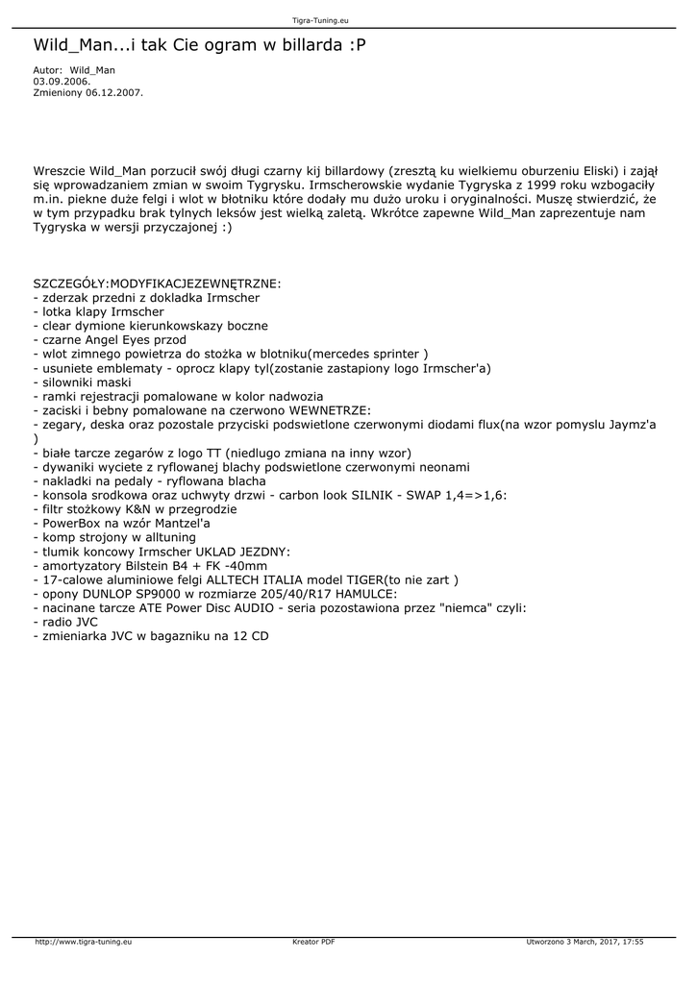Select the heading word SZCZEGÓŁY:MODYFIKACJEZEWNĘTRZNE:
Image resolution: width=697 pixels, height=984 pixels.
(x=157, y=284)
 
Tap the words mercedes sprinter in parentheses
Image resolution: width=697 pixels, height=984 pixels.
(x=367, y=354)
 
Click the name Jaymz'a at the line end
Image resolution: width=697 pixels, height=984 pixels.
(x=629, y=424)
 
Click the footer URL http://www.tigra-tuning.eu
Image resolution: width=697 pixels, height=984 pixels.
(x=84, y=942)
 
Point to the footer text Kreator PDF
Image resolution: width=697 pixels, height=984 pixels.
(x=313, y=942)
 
